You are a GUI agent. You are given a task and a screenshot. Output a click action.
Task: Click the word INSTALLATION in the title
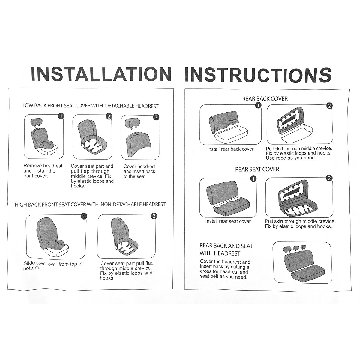tap(101, 74)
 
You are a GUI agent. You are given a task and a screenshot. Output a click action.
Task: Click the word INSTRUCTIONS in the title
tap(258, 75)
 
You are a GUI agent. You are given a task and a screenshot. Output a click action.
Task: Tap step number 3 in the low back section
tap(156, 117)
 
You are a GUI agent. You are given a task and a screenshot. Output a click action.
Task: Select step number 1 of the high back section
tap(84, 216)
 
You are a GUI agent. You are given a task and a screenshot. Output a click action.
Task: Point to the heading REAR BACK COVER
tap(265, 99)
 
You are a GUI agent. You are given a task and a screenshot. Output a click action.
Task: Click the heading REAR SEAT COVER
tap(257, 169)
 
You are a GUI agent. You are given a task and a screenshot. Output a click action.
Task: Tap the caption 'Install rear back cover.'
tap(231, 149)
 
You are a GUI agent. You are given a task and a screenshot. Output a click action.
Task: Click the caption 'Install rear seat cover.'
tap(229, 221)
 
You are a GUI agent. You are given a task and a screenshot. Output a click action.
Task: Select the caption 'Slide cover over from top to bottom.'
tap(53, 266)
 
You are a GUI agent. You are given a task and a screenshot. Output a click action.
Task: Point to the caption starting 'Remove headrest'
tap(43, 171)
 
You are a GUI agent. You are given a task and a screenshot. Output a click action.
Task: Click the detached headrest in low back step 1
tap(36, 121)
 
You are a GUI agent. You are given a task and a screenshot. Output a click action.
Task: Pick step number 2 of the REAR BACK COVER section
tap(329, 106)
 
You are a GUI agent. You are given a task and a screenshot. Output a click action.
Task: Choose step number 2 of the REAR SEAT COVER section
tap(329, 178)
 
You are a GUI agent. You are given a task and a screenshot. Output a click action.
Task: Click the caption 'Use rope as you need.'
tap(291, 158)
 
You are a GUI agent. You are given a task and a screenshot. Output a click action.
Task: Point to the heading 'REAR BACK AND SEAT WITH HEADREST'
tap(226, 250)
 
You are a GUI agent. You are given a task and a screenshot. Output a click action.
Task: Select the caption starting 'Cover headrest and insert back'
tap(139, 171)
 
